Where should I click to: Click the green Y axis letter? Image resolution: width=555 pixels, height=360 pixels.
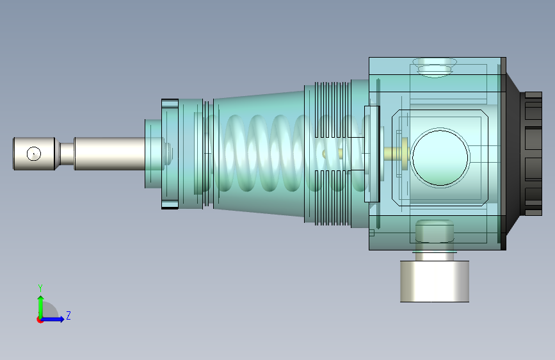pyautogui.click(x=40, y=288)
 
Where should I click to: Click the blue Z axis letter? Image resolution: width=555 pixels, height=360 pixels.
pyautogui.click(x=68, y=315)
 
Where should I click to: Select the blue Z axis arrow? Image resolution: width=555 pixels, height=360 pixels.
pyautogui.click(x=53, y=319)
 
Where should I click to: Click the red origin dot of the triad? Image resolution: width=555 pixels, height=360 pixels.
pyautogui.click(x=40, y=320)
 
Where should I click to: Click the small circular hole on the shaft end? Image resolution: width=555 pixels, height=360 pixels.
pyautogui.click(x=34, y=154)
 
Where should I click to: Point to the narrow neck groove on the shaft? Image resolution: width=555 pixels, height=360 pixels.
pyautogui.click(x=67, y=154)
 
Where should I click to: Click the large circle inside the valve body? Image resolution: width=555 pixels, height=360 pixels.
pyautogui.click(x=440, y=158)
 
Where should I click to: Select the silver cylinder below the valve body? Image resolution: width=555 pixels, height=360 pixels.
pyautogui.click(x=435, y=281)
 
